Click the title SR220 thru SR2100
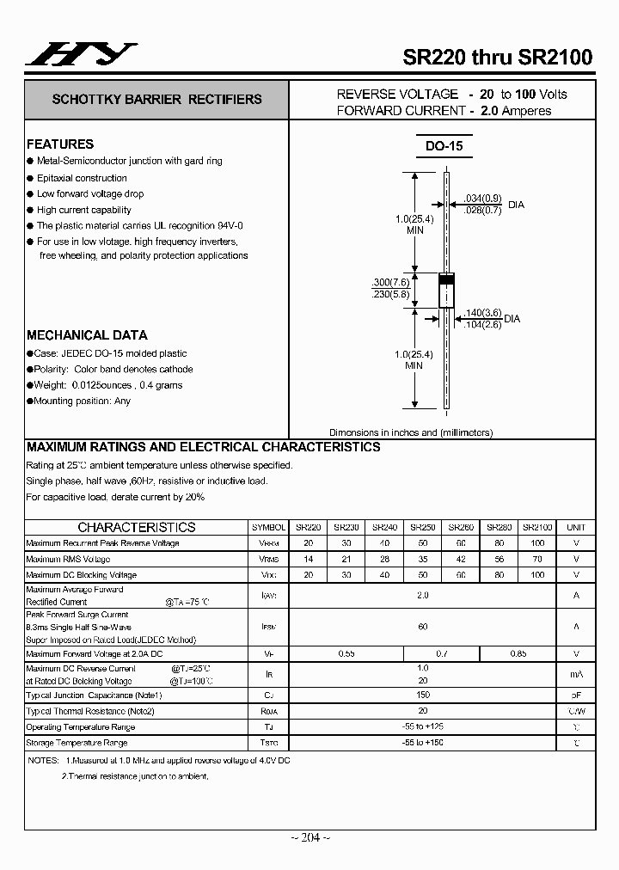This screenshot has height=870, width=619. [498, 58]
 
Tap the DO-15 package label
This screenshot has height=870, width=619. [444, 146]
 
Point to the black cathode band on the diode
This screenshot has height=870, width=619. [446, 279]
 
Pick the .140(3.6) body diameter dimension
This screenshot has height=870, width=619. [482, 313]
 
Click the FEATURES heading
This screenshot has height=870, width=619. [60, 144]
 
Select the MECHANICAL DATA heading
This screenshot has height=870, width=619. [87, 335]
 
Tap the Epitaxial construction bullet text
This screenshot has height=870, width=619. [82, 178]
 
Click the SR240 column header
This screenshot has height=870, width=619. [384, 527]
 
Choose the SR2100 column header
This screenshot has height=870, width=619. [537, 527]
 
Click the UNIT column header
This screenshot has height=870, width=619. [576, 527]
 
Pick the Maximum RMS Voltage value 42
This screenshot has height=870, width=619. [462, 559]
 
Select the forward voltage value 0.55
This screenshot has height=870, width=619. [346, 654]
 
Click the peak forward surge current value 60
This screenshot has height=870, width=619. [423, 627]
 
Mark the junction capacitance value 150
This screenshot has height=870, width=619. [423, 695]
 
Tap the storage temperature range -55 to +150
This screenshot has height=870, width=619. [423, 742]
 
